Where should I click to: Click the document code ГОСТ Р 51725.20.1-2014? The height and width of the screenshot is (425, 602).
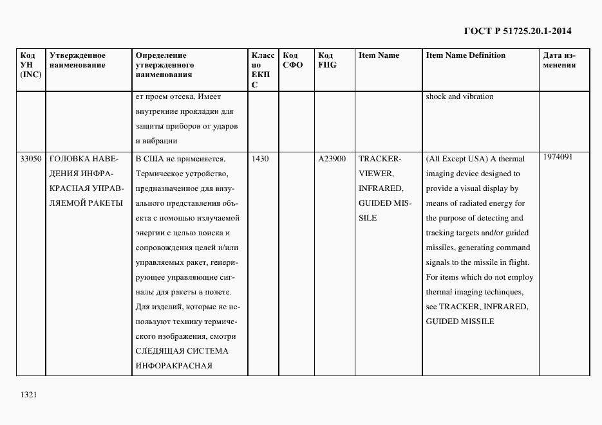[x=517, y=30]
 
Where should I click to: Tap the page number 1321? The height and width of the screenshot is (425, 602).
[x=28, y=395]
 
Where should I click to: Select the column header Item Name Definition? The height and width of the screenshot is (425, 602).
[x=466, y=55]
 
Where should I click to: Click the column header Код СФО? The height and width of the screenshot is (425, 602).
[x=292, y=60]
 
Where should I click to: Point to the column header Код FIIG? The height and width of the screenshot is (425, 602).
[x=327, y=60]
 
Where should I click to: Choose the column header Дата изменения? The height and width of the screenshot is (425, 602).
[x=559, y=60]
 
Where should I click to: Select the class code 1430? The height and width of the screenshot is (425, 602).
[x=260, y=158]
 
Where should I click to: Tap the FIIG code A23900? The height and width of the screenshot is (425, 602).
[x=332, y=158]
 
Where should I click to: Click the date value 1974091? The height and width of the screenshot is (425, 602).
[x=558, y=156]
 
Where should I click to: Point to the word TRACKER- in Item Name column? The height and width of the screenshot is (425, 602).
[x=380, y=159]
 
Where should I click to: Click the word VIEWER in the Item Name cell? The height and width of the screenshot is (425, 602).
[x=375, y=174]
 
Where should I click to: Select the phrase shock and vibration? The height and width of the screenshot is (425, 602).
[x=460, y=96]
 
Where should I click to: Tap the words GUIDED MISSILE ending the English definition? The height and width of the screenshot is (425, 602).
[x=460, y=321]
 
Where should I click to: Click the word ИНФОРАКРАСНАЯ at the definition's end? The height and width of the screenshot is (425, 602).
[x=174, y=366]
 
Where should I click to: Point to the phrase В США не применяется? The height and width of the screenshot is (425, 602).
[x=179, y=159]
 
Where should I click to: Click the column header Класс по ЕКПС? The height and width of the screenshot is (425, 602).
[x=263, y=69]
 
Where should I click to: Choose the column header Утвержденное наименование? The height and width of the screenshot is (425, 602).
[x=77, y=60]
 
